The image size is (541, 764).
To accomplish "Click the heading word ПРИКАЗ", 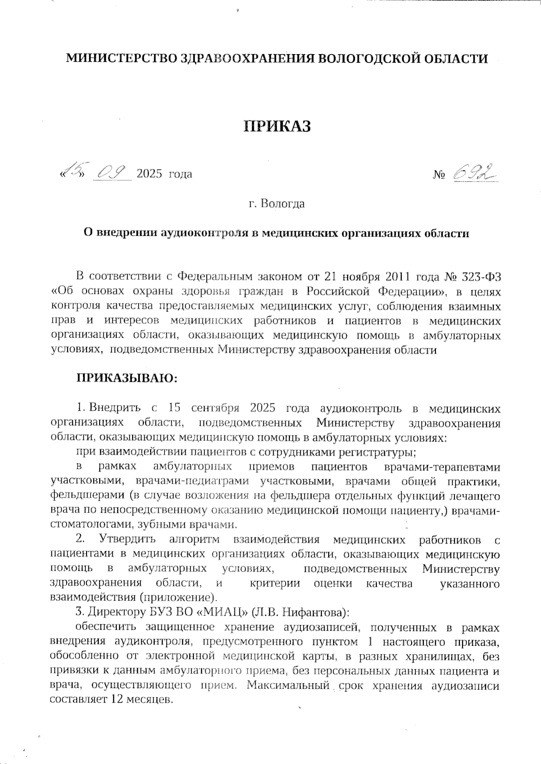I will pyautogui.click(x=277, y=127).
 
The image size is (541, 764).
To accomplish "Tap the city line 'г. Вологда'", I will pyautogui.click(x=277, y=204).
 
